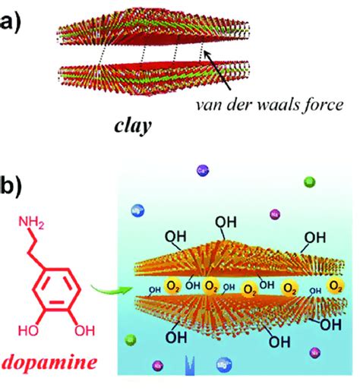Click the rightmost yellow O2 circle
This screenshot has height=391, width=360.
[x=335, y=284]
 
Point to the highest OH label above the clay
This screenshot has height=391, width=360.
[x=226, y=222]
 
